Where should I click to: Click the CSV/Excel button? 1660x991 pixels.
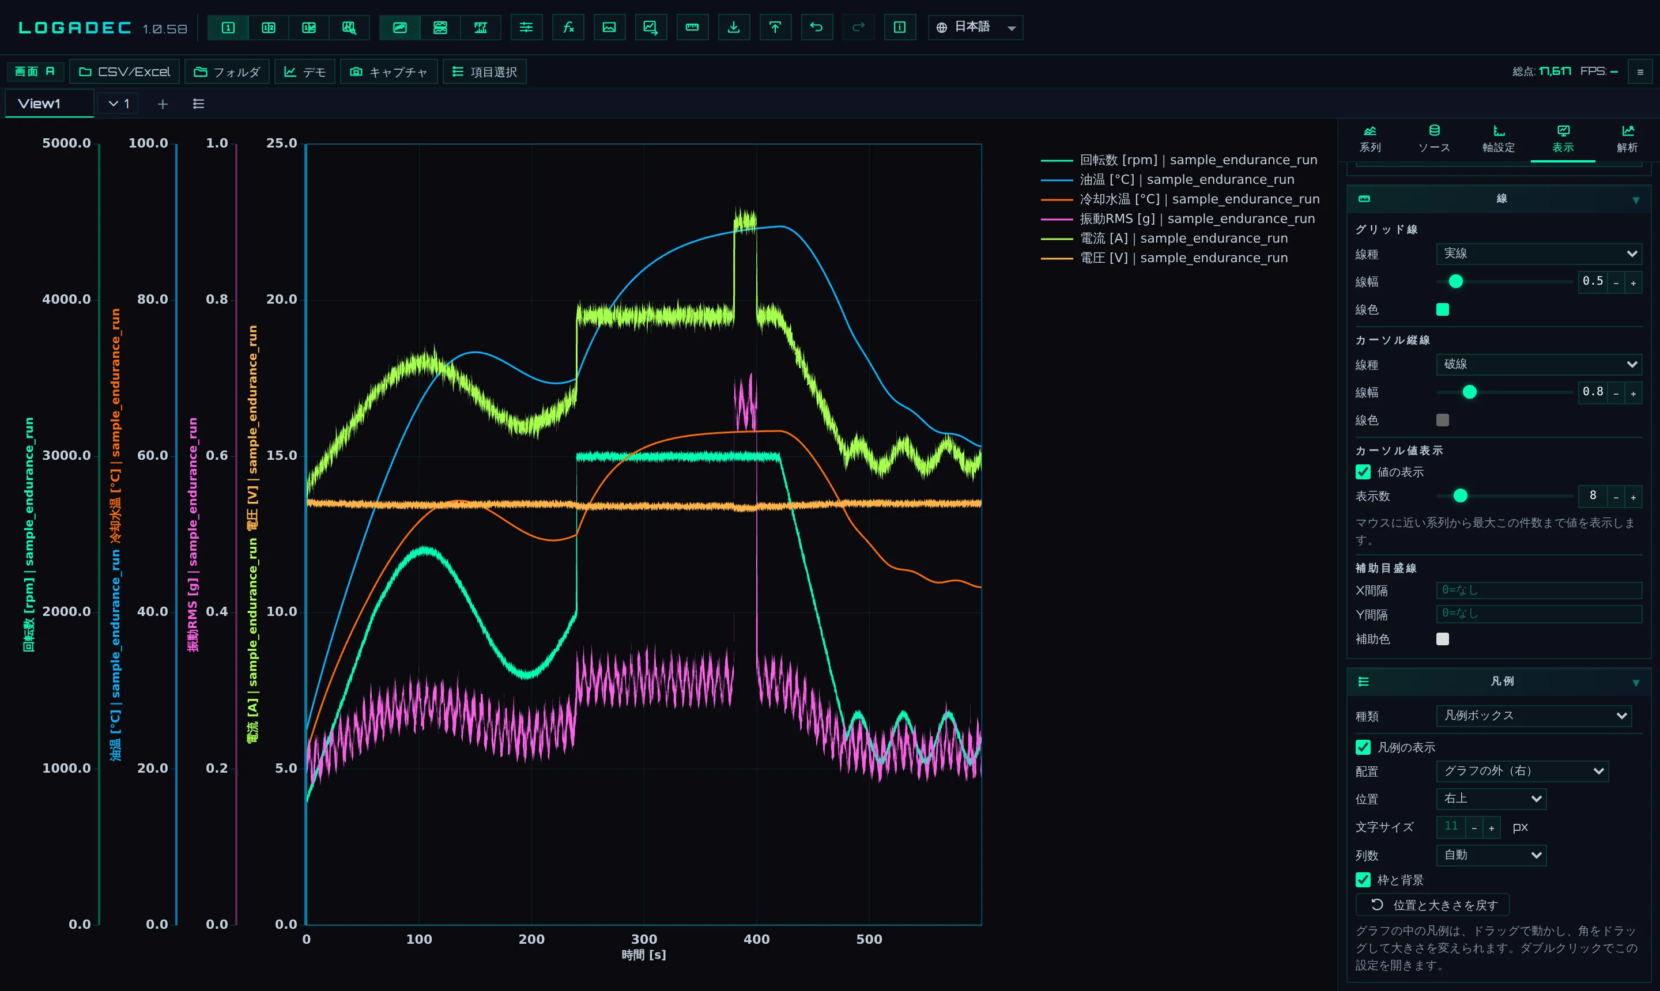[124, 71]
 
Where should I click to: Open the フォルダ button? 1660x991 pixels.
[227, 71]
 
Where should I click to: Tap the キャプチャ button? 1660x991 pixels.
[389, 71]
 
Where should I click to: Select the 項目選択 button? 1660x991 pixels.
[484, 71]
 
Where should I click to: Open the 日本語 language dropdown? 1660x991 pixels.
[975, 28]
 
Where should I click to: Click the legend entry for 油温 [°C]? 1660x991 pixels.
[1168, 180]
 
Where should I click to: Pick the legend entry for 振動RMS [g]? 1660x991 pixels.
[1178, 218]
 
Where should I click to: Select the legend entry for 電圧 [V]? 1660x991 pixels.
[1164, 258]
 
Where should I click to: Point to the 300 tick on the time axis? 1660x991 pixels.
[644, 939]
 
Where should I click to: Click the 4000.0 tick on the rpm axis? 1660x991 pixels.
[66, 299]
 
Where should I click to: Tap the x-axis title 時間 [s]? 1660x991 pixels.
[644, 955]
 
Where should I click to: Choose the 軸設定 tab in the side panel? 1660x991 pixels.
[1499, 139]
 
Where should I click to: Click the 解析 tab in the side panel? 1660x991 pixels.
[1627, 139]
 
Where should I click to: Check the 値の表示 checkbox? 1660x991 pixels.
[1363, 472]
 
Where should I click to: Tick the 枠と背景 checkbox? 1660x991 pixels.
[1363, 880]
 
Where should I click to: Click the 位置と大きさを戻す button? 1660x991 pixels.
[1433, 905]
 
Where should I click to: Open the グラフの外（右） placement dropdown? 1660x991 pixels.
[1522, 771]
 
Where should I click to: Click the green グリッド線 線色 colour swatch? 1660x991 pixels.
[1443, 309]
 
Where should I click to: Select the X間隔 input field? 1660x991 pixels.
[1539, 591]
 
